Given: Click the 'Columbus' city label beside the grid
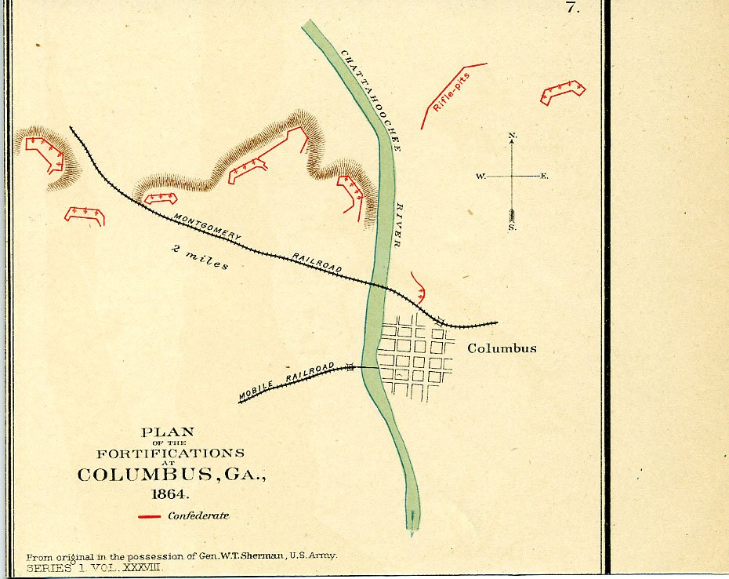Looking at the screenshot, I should point(502,348).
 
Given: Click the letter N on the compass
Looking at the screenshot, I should point(513,137).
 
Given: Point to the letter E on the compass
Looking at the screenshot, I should point(545,177).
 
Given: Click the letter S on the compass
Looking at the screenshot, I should point(512,227).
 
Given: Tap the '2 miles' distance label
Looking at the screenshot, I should point(201,258).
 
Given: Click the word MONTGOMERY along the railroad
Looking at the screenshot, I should point(207,227).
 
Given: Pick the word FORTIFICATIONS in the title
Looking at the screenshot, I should point(170,453).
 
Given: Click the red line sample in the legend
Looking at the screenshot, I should point(150,517).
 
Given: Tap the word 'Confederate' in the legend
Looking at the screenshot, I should point(198,516).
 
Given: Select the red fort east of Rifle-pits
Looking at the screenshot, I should point(563,92).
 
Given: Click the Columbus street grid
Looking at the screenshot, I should point(415,357).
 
